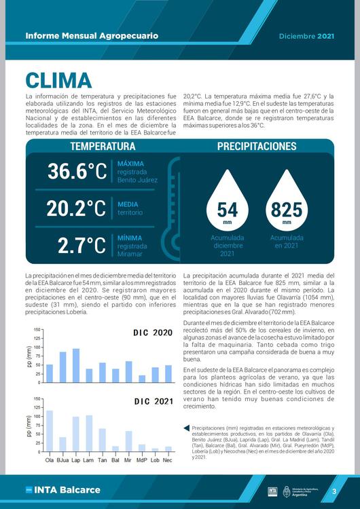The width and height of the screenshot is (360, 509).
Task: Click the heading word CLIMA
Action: (x=58, y=79)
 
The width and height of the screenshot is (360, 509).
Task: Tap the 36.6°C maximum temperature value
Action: (x=77, y=172)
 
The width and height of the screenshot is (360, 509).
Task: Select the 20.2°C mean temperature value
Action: (x=76, y=208)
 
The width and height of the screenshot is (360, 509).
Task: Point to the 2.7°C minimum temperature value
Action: (x=82, y=245)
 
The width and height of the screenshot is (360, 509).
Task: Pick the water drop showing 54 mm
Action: (x=227, y=204)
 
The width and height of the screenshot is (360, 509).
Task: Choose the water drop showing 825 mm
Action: (x=286, y=204)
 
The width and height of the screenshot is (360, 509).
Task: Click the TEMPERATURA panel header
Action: (x=103, y=147)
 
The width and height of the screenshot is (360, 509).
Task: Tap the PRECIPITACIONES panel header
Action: (x=257, y=147)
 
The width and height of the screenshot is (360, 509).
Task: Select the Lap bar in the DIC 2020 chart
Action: (x=75, y=366)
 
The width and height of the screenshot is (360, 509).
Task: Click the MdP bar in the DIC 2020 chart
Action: (x=141, y=379)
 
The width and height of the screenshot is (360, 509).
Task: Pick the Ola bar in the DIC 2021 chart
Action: (x=49, y=431)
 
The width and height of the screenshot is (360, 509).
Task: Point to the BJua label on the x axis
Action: (x=62, y=460)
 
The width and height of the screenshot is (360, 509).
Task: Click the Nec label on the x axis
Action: (x=168, y=460)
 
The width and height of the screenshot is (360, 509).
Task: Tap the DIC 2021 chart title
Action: (x=153, y=401)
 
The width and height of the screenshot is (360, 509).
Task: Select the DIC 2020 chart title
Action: (x=153, y=333)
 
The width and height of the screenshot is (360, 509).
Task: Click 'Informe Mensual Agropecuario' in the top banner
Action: (x=91, y=35)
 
